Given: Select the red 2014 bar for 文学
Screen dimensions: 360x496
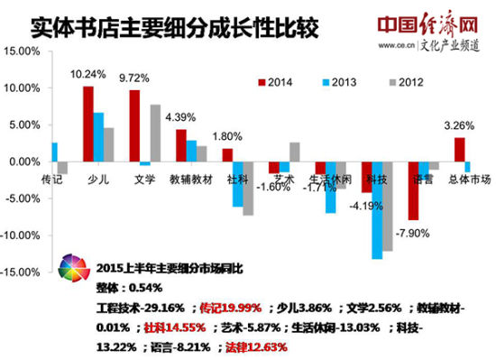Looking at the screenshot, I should click(134, 125).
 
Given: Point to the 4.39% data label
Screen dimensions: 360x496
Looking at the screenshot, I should click(181, 116).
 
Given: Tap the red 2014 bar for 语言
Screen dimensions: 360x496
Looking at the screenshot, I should click(413, 190).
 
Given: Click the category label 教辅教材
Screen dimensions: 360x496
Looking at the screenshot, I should click(191, 180).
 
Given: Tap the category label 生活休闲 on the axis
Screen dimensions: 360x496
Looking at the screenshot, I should click(329, 180).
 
